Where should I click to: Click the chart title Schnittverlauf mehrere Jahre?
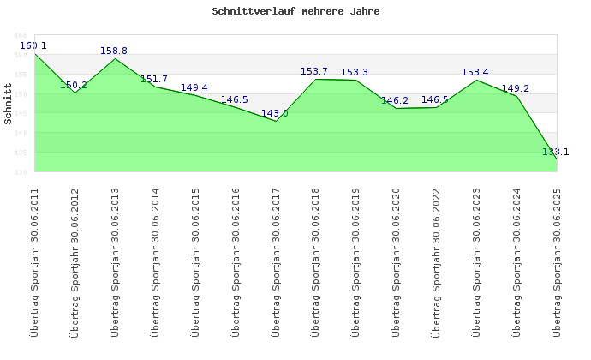point(295,12)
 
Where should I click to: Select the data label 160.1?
point(33,45)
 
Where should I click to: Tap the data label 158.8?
point(114,51)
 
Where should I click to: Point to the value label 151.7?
point(154,79)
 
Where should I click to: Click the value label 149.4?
point(194,87)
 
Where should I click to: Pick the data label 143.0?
point(275,113)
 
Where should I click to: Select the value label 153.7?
point(314,71)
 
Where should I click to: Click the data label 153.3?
point(355,72)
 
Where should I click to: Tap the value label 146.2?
point(395,100)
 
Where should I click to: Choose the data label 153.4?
point(475,72)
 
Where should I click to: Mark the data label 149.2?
point(516,88)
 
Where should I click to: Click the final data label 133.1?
point(556,152)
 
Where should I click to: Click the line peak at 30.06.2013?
point(115,58)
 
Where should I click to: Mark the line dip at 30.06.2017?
point(276,121)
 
